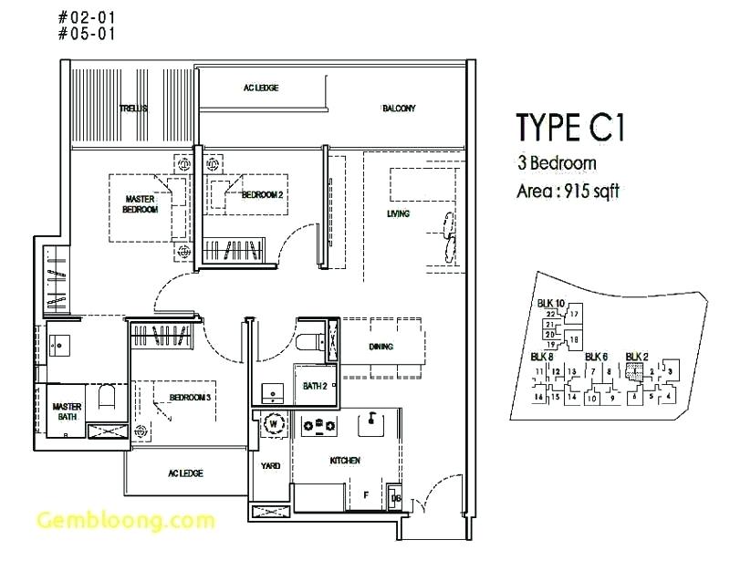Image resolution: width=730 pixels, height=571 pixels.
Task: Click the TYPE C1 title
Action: pos(570,129)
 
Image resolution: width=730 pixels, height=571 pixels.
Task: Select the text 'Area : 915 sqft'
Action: pos(568,192)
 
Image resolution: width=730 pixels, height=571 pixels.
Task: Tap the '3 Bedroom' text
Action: pos(557,164)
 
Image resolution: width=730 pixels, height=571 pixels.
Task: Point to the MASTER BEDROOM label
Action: pos(141,203)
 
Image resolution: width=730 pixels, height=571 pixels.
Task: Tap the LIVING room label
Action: pos(398,214)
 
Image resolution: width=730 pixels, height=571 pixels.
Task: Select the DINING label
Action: pos(381,348)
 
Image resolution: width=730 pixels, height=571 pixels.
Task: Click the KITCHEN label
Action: pos(345,461)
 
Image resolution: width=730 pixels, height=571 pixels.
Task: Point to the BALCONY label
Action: pos(399,109)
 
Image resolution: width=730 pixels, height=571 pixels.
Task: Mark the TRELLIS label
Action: pos(133,109)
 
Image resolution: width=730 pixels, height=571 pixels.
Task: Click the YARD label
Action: pos(270,465)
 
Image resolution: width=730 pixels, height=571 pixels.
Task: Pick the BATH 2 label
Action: pos(315,387)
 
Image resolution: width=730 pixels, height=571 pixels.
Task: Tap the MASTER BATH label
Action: pos(67,412)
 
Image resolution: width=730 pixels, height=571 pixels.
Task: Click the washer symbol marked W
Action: pos(272,423)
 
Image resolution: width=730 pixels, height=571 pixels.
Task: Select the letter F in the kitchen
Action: pos(366,495)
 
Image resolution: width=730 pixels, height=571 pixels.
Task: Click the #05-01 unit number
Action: pos(89,34)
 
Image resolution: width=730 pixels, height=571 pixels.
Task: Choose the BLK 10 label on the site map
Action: pos(551,304)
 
